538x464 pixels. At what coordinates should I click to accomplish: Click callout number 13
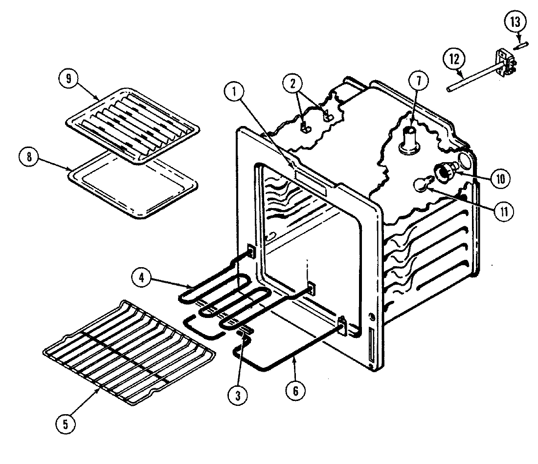click(517, 21)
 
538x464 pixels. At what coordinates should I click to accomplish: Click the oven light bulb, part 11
click(422, 185)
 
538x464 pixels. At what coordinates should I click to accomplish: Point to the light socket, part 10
click(444, 171)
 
